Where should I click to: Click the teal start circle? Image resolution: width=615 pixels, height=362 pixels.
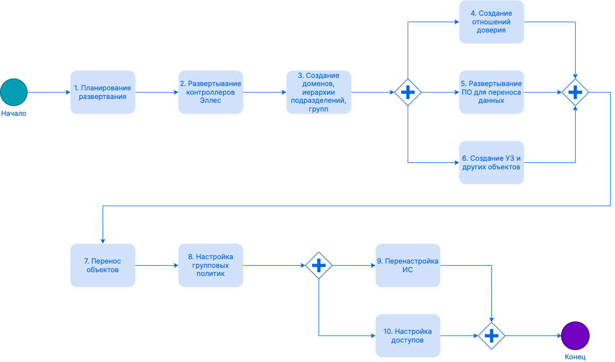[x=13, y=92]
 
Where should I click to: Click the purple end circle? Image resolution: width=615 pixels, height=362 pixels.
[x=575, y=335]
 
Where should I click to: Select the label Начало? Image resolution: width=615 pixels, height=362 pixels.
[x=13, y=114]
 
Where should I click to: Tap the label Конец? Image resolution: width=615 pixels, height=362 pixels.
[x=575, y=357]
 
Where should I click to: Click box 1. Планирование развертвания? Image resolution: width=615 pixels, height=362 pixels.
[x=103, y=92]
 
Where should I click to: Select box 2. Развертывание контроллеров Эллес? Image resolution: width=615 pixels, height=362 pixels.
[x=211, y=92]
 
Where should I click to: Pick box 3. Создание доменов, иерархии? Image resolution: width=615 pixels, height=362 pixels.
[x=319, y=92]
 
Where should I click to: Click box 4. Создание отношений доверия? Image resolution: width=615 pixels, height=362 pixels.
[x=491, y=22]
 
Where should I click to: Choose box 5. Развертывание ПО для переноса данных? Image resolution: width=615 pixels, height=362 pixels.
[x=491, y=92]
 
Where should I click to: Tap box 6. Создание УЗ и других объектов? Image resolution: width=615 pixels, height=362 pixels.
[x=491, y=162]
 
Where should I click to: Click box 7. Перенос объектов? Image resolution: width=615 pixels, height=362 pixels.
[x=103, y=265]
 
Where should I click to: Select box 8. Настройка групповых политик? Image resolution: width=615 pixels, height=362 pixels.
[x=211, y=265]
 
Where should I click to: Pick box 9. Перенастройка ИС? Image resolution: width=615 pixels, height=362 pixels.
[x=408, y=265]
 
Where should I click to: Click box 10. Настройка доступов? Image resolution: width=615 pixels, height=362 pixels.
[x=408, y=335]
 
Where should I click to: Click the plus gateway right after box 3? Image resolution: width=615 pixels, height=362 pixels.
[x=408, y=93]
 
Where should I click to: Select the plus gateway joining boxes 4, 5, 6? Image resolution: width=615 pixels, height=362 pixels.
[x=575, y=93]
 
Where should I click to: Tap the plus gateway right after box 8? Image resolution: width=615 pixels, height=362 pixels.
[x=319, y=265]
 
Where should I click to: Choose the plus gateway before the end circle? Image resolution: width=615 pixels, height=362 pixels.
[x=491, y=336]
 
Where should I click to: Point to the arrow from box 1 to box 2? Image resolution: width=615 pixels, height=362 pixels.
[x=157, y=93]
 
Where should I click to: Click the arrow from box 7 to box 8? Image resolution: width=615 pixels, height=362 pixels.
[x=157, y=265]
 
